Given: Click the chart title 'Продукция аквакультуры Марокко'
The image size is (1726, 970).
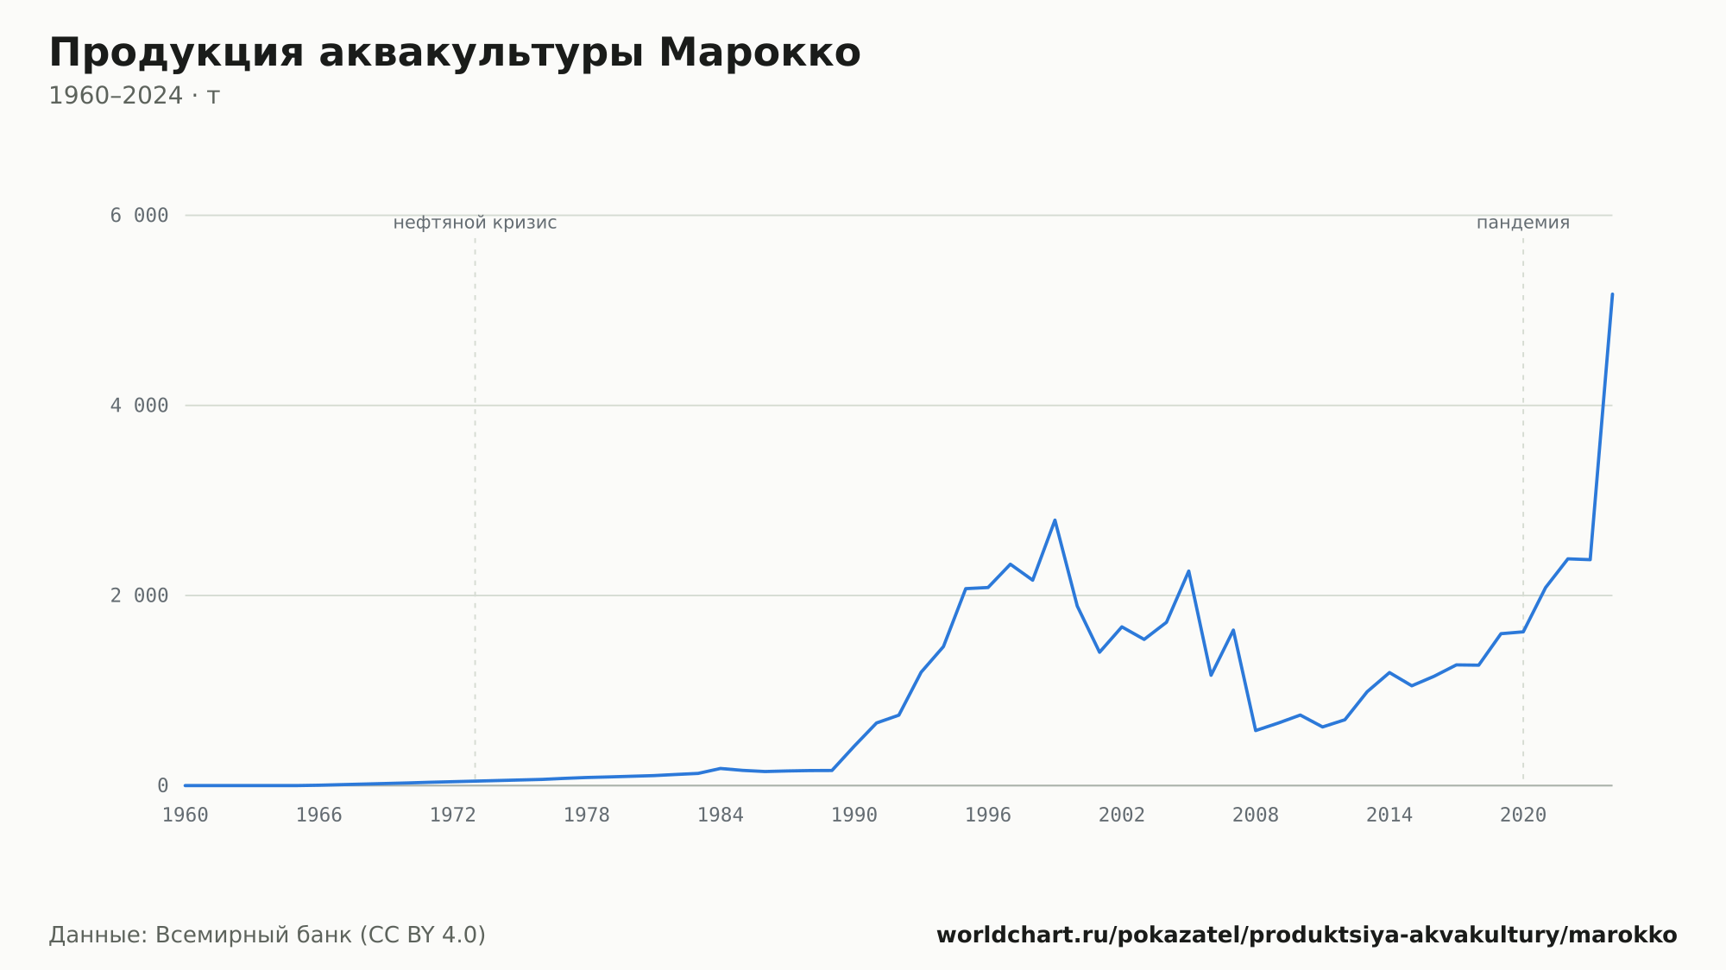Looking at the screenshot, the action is click(455, 54).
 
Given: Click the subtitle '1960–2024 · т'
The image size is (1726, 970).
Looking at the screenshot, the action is click(135, 96).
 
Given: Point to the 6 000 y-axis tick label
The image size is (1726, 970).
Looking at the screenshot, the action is click(139, 216).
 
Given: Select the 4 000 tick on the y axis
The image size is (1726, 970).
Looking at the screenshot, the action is click(139, 406).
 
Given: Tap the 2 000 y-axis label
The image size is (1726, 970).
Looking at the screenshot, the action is click(139, 595).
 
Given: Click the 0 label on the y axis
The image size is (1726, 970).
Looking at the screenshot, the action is click(162, 785).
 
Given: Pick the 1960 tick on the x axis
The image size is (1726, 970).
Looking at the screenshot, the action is click(186, 816).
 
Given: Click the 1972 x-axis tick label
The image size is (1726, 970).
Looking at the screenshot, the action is click(453, 816).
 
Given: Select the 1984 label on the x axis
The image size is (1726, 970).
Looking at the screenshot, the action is click(721, 816).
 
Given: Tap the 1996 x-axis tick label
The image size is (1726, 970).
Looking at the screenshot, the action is click(988, 816).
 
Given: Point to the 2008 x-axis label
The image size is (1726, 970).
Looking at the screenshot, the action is click(1256, 816).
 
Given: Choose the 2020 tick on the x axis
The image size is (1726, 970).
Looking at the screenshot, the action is click(1523, 816).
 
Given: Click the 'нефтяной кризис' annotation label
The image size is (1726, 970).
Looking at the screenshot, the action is click(475, 223).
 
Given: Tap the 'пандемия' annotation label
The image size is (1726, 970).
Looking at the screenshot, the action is click(1523, 223).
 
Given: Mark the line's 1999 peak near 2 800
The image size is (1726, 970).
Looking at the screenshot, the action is click(1055, 520).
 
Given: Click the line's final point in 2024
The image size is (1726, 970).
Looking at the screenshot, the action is click(1612, 294).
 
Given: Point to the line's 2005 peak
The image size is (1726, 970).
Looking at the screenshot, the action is click(1188, 570).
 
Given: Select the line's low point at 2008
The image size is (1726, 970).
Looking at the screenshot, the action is click(1256, 730).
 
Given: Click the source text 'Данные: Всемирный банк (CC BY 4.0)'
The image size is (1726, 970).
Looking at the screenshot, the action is click(268, 935).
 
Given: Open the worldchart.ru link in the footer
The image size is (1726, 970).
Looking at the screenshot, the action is click(1307, 935).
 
